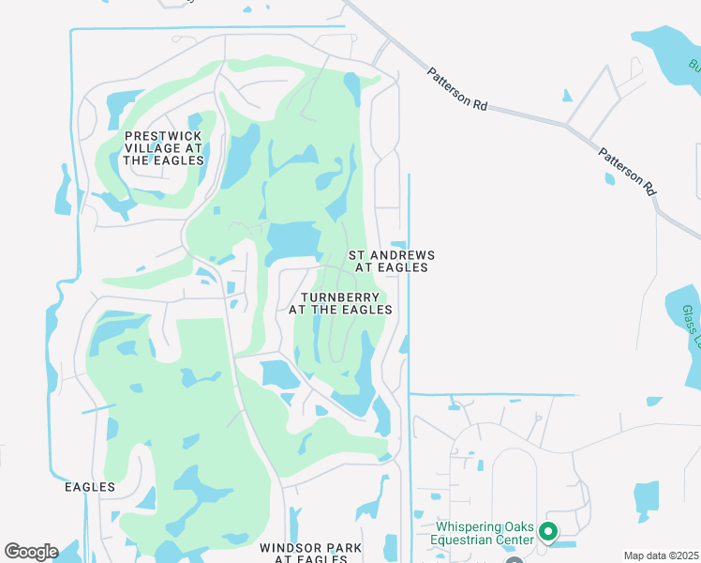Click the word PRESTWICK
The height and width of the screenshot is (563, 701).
(164, 136)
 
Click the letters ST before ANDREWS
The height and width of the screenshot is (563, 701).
(357, 255)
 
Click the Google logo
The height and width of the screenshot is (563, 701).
(31, 552)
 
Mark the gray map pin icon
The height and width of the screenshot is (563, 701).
(515, 561)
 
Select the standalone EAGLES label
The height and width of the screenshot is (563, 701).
(90, 487)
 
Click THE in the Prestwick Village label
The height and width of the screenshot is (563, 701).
(136, 160)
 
